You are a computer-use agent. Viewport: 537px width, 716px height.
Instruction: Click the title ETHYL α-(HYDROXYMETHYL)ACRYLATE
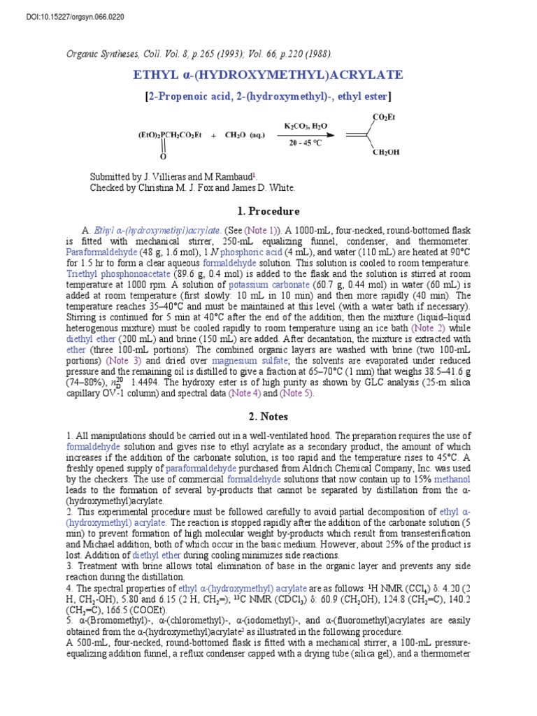[x=268, y=75]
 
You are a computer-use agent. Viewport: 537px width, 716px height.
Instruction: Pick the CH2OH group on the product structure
[x=385, y=153]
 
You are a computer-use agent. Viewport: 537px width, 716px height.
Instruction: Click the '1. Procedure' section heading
[x=268, y=211]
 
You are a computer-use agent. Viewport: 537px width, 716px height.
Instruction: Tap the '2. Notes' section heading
[x=268, y=417]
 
